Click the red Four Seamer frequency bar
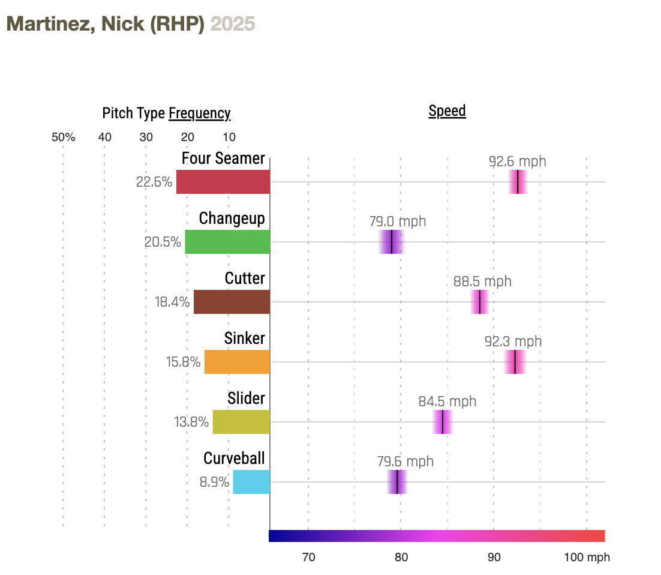pos(223,182)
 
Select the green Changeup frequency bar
pos(227,242)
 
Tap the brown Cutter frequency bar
pos(232,302)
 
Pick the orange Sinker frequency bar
pos(237,362)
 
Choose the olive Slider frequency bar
pos(241,422)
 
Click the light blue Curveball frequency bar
pos(251,482)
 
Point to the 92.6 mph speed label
pos(518,161)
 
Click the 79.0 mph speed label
pos(398,221)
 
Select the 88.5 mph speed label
pos(482,281)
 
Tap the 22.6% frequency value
pos(154,182)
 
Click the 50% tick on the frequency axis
pos(63,137)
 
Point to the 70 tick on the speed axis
pos(308,557)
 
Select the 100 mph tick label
pos(586,557)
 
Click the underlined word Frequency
pos(200,113)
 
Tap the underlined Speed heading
pos(447,111)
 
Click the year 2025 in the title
pos(233,23)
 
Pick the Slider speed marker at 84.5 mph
pos(442,422)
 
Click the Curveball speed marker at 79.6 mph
pos(397,482)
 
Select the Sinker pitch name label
pos(244,339)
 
